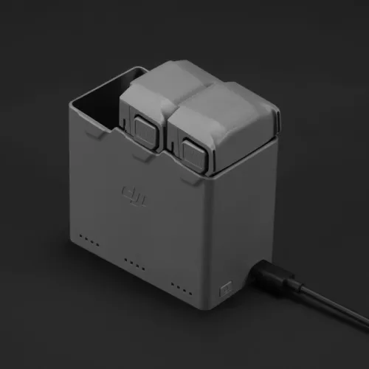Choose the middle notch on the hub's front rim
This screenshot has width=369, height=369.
[142, 159]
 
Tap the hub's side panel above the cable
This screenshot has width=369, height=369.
[247, 214]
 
